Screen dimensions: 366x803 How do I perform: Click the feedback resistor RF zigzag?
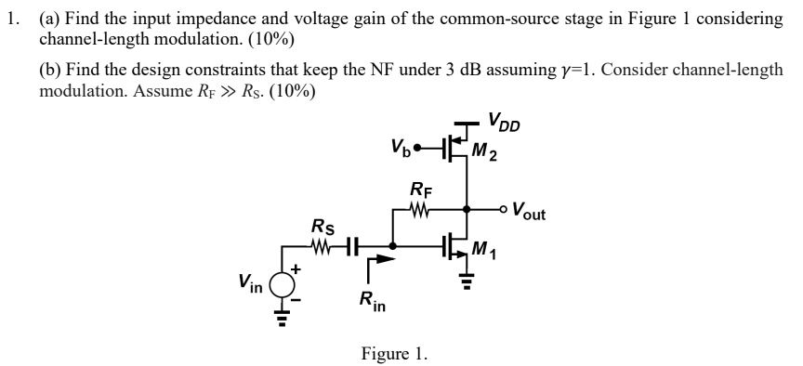point(420,210)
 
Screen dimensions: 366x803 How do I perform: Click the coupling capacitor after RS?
point(351,247)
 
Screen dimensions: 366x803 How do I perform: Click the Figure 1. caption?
point(394,353)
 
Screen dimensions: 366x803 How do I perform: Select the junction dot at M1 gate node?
point(392,247)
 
